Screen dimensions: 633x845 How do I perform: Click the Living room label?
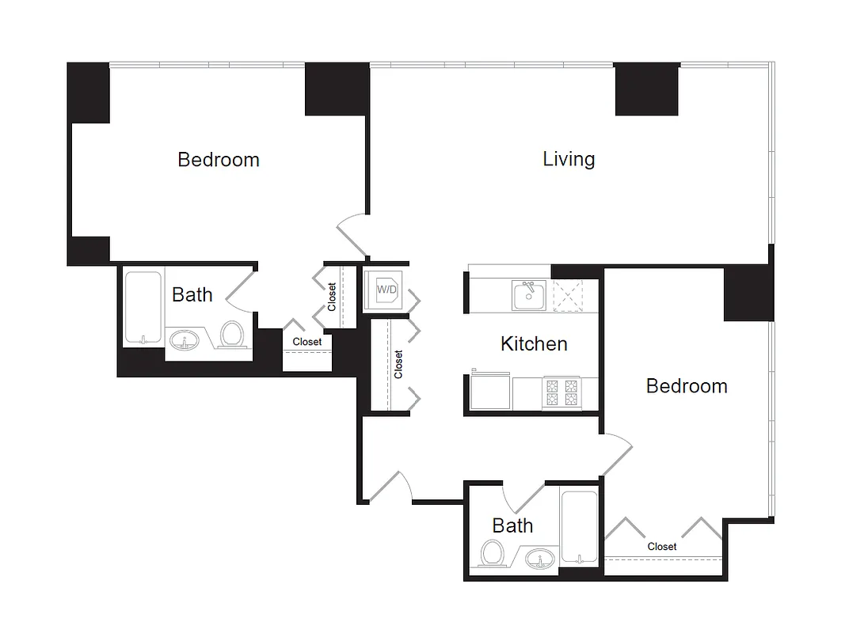(x=569, y=159)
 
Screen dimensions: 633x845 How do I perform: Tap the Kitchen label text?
(x=534, y=344)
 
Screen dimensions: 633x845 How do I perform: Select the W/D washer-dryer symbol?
(x=386, y=290)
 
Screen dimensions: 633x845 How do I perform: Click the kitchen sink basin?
(x=528, y=296)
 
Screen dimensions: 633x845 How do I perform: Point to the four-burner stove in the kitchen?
(x=561, y=393)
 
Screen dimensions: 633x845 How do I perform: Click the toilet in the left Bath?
(x=231, y=334)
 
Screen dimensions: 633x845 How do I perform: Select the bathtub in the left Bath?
(x=143, y=308)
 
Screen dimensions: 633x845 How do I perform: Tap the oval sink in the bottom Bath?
(x=540, y=559)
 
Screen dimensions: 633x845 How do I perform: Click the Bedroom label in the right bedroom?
(x=687, y=386)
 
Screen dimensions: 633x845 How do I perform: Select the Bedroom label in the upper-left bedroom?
(x=219, y=160)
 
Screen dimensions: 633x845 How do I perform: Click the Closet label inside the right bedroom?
(x=662, y=547)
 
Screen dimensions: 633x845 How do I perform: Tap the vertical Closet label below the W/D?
(x=398, y=364)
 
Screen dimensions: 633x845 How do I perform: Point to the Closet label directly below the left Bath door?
(x=307, y=342)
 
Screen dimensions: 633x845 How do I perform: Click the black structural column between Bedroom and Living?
(x=337, y=89)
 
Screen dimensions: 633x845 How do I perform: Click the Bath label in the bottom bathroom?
(x=512, y=525)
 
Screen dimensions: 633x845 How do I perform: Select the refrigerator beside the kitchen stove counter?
(x=490, y=392)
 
